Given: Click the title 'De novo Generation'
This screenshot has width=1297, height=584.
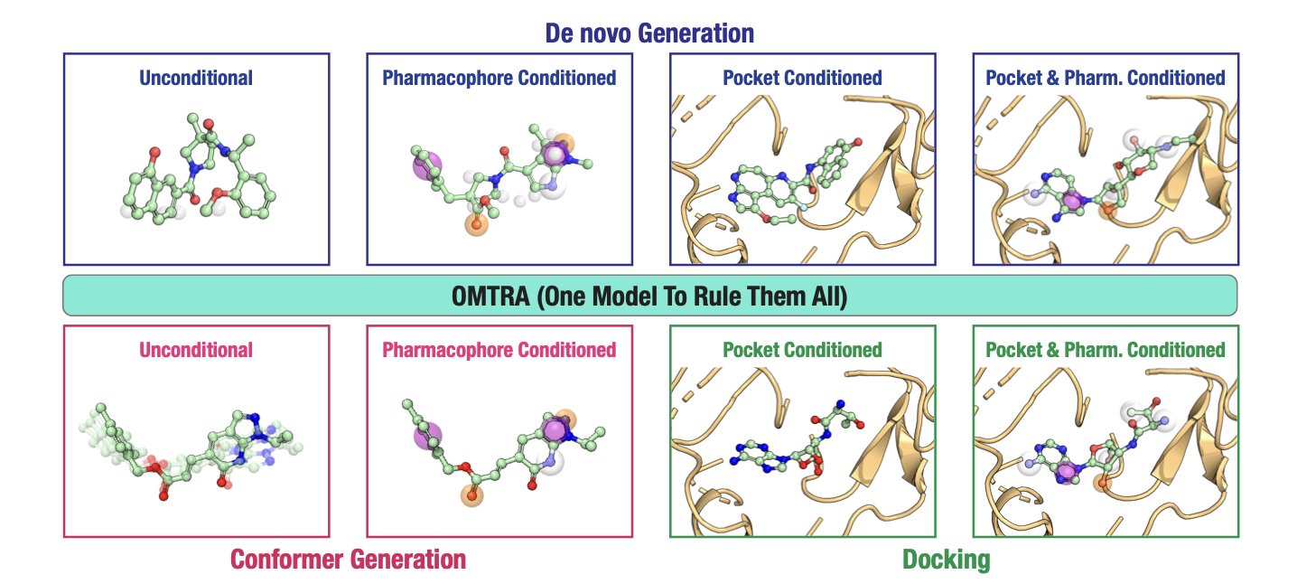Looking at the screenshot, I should tap(648, 33).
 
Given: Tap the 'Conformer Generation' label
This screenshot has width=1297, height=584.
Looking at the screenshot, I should tap(348, 560).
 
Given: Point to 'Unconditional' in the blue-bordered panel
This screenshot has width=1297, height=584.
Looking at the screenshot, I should tap(196, 78).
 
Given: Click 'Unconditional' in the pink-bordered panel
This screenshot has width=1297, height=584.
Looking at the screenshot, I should tap(196, 350).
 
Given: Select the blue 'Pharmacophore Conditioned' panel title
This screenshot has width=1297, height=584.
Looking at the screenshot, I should tap(499, 78).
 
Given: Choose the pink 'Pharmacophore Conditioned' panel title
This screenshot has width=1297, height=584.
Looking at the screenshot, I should tap(499, 350).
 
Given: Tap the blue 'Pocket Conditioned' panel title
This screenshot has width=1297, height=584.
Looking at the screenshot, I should tap(802, 78).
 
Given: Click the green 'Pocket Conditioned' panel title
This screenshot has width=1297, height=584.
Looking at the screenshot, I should tap(802, 350).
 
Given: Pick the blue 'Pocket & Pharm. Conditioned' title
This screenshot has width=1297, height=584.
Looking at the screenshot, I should tap(1105, 78).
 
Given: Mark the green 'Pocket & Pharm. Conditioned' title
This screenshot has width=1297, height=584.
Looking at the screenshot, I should tap(1105, 350).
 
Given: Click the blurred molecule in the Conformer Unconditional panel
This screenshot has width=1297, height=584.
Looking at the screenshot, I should tap(194, 447).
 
